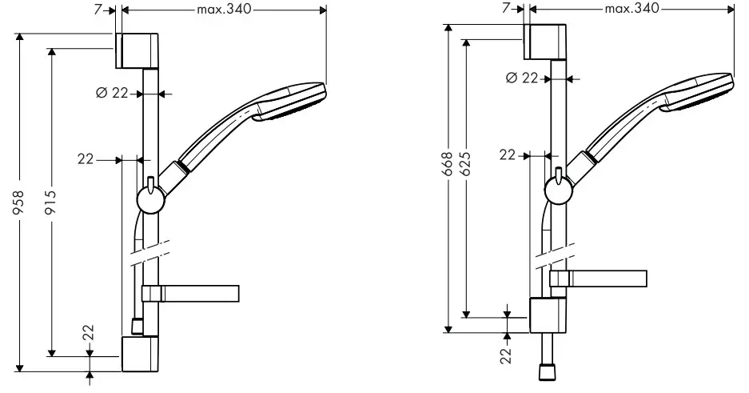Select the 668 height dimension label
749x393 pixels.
[x=449, y=164]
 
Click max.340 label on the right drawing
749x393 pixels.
[x=631, y=8]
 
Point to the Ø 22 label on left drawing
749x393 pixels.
[x=113, y=94]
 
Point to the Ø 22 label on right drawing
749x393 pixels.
[x=522, y=78]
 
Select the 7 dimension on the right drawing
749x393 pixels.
[x=508, y=8]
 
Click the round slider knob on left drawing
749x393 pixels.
[x=149, y=198]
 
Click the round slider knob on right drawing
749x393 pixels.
[x=557, y=190]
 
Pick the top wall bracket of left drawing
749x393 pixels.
[x=141, y=51]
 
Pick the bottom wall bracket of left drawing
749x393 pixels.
[x=141, y=355]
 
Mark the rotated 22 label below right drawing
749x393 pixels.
[x=506, y=355]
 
